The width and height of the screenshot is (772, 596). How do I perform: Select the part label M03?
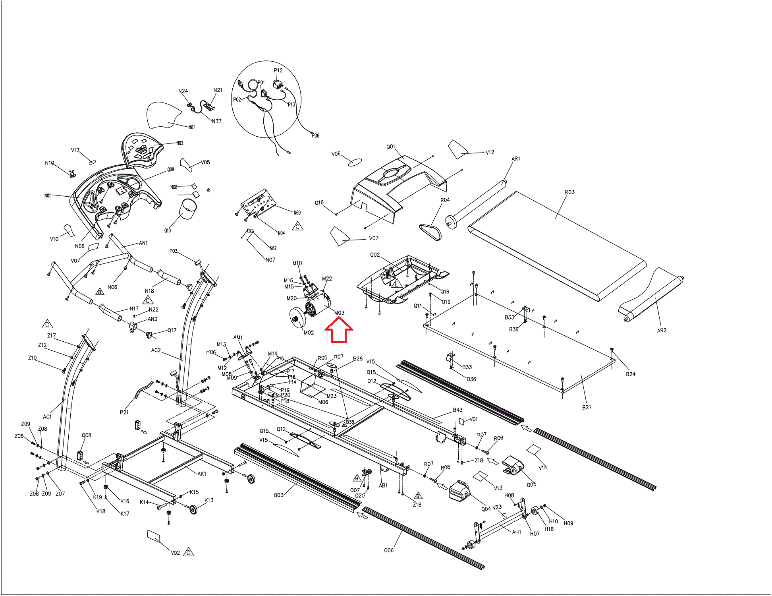click(339, 313)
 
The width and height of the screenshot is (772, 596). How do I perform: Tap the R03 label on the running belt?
click(569, 192)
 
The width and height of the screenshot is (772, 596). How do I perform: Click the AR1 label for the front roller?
click(515, 159)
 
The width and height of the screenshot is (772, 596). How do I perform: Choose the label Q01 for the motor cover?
click(391, 147)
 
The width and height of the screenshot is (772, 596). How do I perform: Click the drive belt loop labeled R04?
click(430, 232)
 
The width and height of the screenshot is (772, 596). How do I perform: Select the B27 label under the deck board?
click(587, 407)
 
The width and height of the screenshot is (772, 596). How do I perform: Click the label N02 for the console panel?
click(179, 143)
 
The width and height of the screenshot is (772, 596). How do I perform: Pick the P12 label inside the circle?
click(278, 71)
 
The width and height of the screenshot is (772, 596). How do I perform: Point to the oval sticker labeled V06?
click(355, 162)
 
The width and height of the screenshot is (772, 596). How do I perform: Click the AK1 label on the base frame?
click(202, 474)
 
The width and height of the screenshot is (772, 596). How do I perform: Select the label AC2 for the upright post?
click(156, 350)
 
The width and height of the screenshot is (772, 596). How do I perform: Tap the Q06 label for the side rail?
click(389, 550)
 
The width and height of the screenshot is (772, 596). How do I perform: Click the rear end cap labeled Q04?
click(459, 491)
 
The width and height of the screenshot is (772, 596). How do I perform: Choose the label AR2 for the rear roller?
click(662, 331)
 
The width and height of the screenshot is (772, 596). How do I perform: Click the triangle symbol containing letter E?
click(396, 284)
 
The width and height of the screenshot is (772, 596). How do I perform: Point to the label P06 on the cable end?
click(315, 136)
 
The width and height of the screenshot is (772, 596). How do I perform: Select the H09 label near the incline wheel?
click(568, 523)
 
